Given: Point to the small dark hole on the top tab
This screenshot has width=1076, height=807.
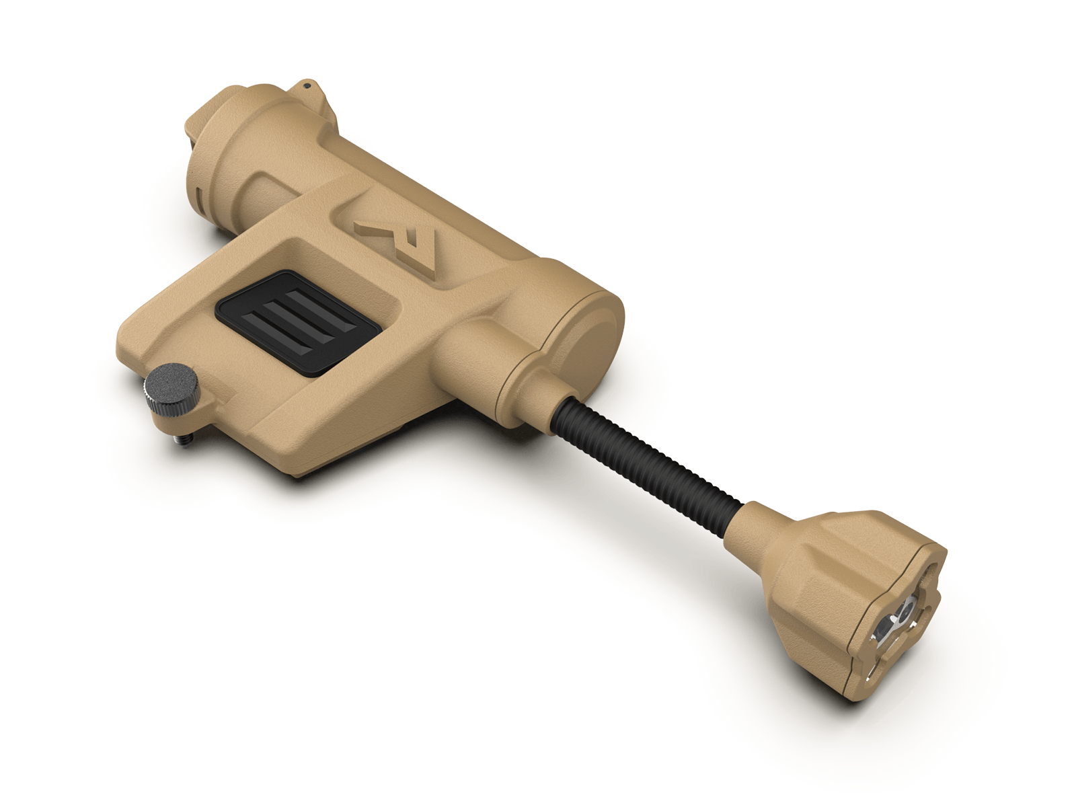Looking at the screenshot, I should pyautogui.click(x=307, y=86).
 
